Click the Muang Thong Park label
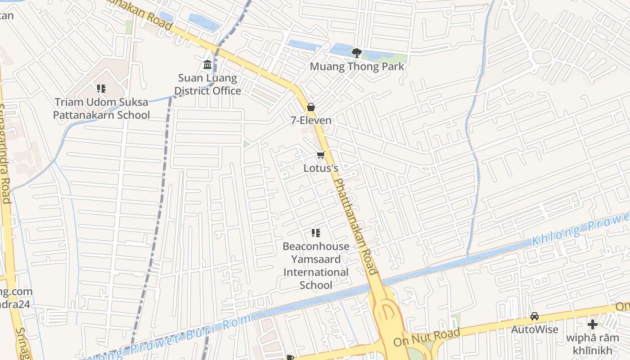[x=357, y=67]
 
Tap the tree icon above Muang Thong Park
[x=357, y=53]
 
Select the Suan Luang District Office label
[x=207, y=85]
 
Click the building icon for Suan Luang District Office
[x=207, y=65]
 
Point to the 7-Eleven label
[x=310, y=120]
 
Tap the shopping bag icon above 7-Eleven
[x=310, y=107]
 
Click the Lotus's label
[x=320, y=168]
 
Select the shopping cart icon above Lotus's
[x=320, y=156]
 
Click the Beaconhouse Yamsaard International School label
[x=316, y=265]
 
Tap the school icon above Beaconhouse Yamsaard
[x=316, y=233]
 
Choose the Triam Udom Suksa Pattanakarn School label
[x=101, y=108]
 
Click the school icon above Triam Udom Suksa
[x=101, y=89]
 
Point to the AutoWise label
[x=535, y=329]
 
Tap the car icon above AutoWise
[x=535, y=316]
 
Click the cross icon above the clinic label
[x=593, y=324]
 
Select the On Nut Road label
[x=427, y=337]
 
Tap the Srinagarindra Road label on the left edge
[x=5, y=153]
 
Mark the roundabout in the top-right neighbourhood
[x=542, y=57]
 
